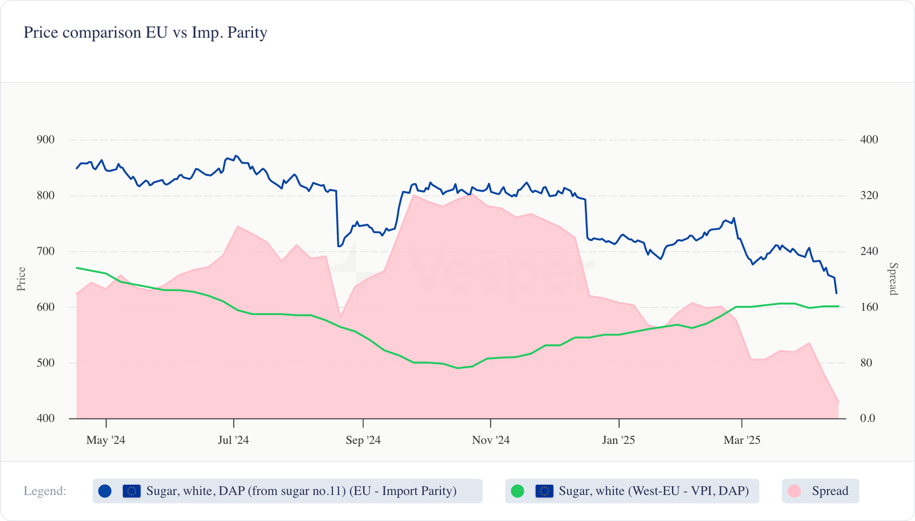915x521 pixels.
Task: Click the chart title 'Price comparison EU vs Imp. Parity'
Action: coord(145,33)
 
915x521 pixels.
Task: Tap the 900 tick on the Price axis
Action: coord(45,140)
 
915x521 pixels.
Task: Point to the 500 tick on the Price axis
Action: coord(45,363)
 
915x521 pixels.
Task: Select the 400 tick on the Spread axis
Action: coord(869,140)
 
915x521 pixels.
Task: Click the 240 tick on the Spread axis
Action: coord(869,251)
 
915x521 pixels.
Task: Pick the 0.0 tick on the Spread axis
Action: coord(868,419)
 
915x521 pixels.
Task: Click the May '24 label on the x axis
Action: coord(106,440)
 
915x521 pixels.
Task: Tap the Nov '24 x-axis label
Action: coord(491,440)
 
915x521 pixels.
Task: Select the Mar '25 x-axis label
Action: coord(742,440)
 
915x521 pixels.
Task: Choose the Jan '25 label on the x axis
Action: coord(619,440)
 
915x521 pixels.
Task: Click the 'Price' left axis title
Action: coord(21,279)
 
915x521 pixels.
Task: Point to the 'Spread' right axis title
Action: coord(893,279)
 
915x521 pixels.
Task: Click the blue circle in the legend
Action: coord(105,491)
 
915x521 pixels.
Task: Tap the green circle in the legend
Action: coord(518,491)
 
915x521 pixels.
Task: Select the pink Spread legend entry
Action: coord(821,491)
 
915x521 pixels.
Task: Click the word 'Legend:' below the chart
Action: coord(45,491)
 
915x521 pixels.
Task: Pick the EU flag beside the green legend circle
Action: coord(544,491)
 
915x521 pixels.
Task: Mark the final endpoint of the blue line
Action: coord(837,293)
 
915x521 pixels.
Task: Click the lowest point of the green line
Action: coord(457,368)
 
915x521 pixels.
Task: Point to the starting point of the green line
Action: coord(77,268)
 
